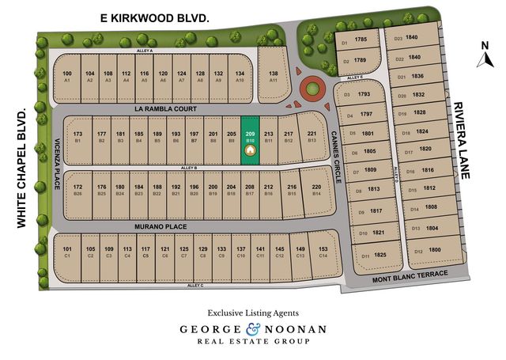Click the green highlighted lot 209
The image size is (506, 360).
(250, 140)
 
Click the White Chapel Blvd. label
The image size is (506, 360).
(21, 167)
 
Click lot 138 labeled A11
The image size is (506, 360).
(274, 76)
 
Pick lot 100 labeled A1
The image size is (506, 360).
(67, 76)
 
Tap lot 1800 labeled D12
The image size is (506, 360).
(428, 252)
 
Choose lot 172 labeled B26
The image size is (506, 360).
(77, 190)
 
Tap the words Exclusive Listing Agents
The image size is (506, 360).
(252, 312)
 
